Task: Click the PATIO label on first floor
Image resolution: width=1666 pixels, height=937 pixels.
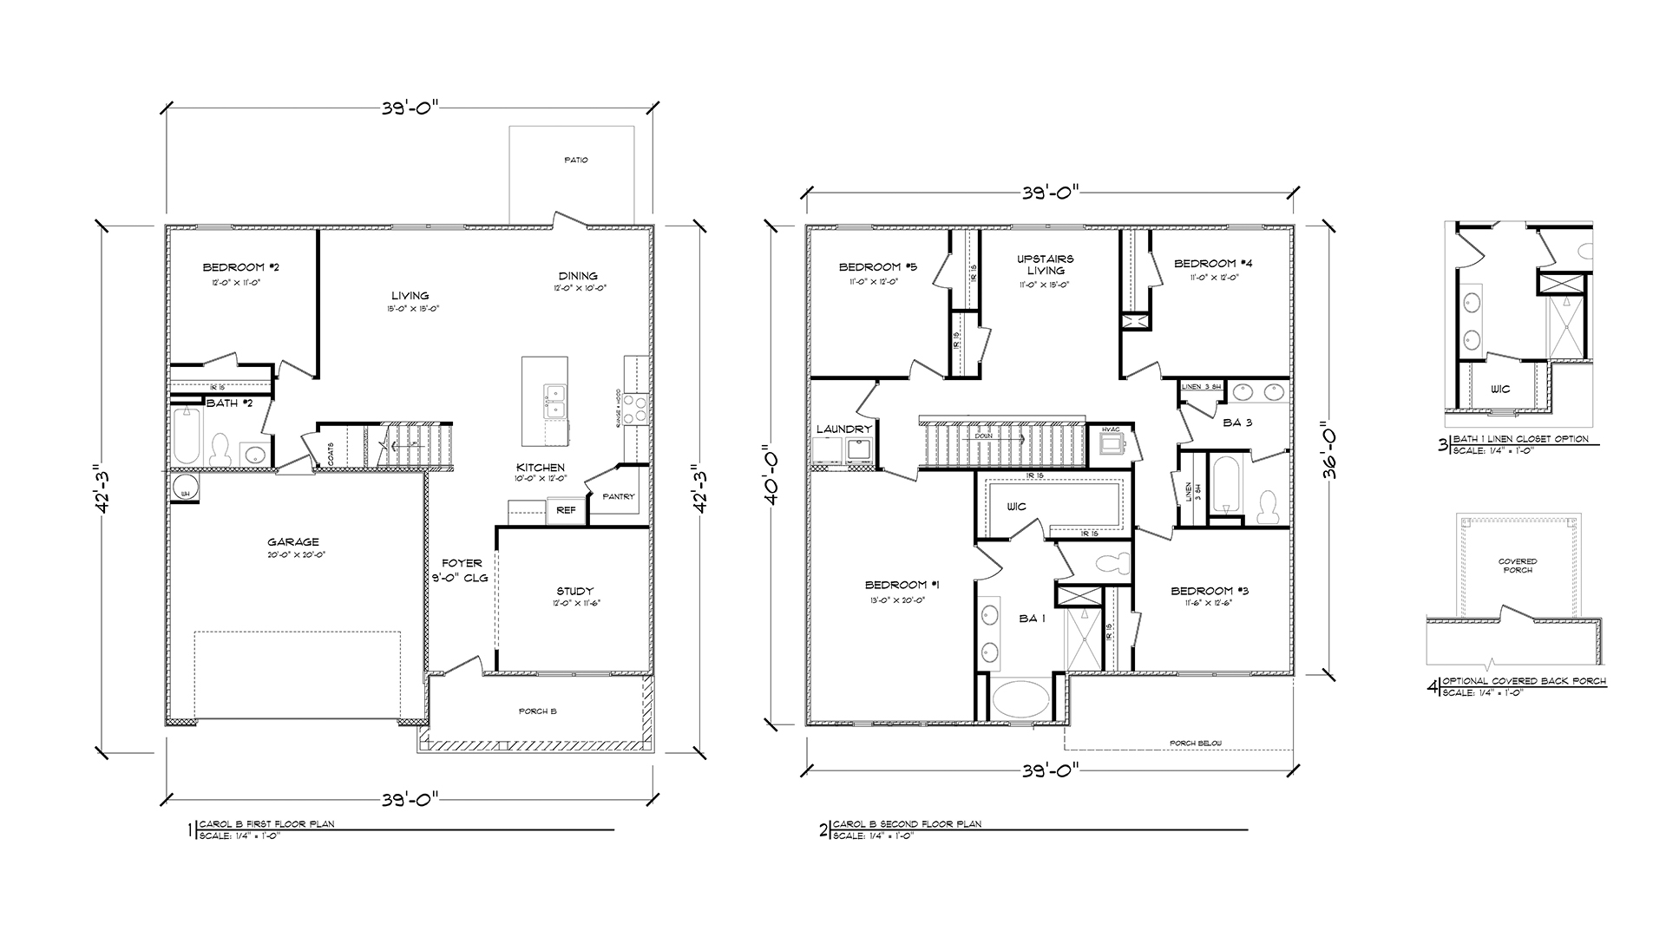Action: (576, 160)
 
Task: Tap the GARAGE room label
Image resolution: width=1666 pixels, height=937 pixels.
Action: (293, 542)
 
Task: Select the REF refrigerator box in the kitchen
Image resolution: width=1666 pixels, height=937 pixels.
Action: (566, 511)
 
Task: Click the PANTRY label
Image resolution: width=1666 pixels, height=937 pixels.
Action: (620, 497)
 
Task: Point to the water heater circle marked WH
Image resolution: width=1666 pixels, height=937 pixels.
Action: (185, 488)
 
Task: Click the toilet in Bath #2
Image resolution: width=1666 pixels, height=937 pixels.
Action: (219, 448)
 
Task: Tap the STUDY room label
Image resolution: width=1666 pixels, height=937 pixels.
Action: (574, 593)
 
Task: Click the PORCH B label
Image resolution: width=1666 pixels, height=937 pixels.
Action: (538, 711)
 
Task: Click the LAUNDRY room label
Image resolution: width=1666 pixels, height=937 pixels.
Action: (843, 429)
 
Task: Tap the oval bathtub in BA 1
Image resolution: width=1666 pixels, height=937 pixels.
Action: (1021, 699)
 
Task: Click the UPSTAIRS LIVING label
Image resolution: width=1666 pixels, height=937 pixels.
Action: (1046, 265)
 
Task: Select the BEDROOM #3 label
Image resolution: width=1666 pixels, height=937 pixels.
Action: (1210, 591)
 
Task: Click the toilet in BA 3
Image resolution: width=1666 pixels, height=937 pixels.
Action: (1270, 506)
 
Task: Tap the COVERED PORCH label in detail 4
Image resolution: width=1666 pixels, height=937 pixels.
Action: (1518, 566)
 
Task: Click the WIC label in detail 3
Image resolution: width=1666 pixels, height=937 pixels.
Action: (1500, 389)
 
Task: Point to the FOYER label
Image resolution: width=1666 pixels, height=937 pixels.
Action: (460, 563)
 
